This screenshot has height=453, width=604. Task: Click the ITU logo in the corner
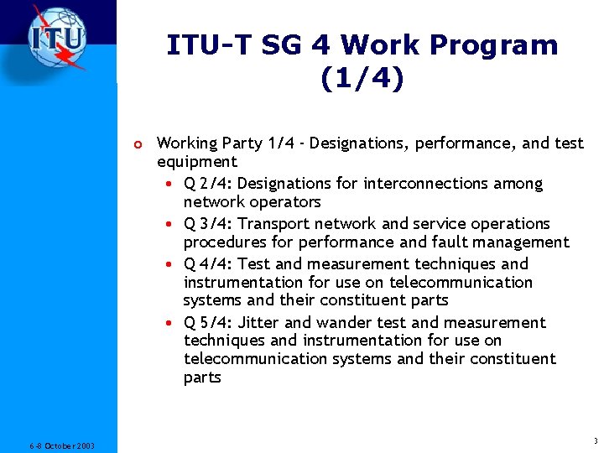57,39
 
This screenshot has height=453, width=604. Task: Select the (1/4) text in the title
362,79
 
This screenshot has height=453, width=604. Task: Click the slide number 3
594,441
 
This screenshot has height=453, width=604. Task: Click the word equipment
197,162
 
